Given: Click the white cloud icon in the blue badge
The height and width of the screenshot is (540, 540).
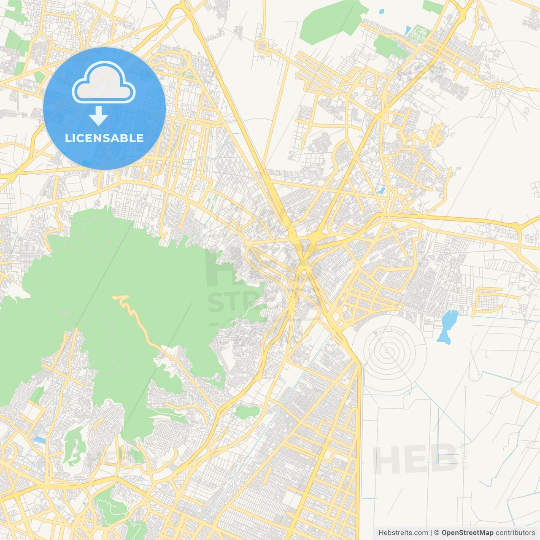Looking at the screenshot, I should [104, 82].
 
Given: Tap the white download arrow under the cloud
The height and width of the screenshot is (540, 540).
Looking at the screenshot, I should [98, 116].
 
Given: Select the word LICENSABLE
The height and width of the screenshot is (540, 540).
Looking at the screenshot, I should [104, 138].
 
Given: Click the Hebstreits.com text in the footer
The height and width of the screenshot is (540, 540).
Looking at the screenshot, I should [403, 533].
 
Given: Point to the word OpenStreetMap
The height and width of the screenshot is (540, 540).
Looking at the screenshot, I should [467, 533].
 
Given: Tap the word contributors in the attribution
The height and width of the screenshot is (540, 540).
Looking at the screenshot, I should [515, 533].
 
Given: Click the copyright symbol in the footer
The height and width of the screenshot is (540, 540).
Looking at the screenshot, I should [437, 533].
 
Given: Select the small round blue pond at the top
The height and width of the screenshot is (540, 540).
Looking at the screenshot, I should [382, 11].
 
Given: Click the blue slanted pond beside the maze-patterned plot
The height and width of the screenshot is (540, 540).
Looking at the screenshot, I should [408, 30].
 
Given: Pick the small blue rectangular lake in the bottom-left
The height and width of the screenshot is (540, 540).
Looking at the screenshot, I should [39, 440].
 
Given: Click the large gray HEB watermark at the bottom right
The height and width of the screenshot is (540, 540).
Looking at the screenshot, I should [416, 459].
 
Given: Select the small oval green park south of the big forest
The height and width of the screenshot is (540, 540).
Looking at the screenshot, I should [247, 412].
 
